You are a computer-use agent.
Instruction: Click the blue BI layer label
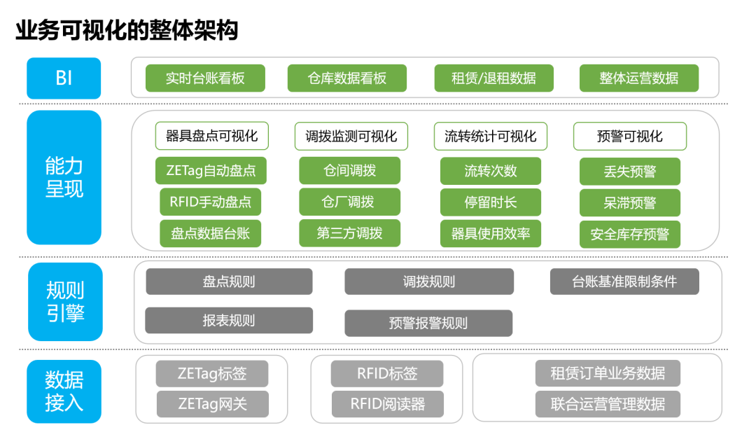tap(64, 78)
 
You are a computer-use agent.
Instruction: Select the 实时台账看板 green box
tap(205, 78)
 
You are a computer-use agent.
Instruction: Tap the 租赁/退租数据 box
tap(493, 78)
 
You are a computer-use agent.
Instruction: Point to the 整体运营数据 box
tap(639, 78)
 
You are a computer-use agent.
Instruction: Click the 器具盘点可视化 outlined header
tap(211, 136)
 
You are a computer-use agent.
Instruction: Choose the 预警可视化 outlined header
tap(630, 137)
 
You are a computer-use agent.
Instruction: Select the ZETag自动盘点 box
tap(211, 170)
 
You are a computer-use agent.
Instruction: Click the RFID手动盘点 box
tap(210, 202)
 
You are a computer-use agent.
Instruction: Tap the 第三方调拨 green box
tap(349, 233)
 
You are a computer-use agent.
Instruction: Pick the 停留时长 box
tap(490, 202)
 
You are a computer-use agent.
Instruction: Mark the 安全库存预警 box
tap(630, 235)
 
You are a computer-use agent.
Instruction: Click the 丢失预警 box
tap(630, 172)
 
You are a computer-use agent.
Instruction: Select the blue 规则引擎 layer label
tap(65, 302)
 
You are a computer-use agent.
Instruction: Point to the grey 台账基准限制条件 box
tap(624, 282)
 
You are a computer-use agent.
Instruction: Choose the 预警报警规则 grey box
tap(428, 323)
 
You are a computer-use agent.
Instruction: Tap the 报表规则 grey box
tap(228, 321)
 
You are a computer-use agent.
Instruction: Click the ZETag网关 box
tap(213, 404)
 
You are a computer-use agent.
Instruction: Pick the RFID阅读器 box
tap(388, 404)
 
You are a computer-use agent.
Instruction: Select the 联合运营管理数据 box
tap(608, 404)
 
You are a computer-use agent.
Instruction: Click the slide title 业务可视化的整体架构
tap(127, 30)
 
